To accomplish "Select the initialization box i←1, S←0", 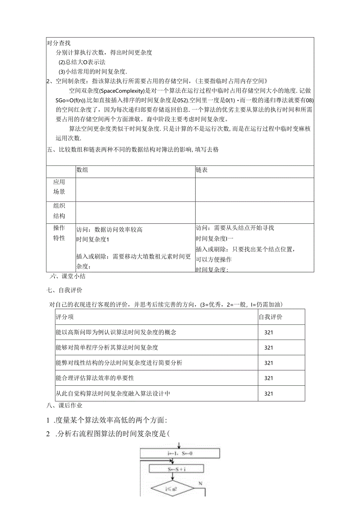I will [180, 453].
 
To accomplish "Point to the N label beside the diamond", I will [200, 484].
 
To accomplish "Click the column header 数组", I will [82, 170].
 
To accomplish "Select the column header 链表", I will [202, 170].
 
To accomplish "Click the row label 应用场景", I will [59, 187].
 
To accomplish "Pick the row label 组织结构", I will [59, 211].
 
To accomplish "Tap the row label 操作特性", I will [59, 233].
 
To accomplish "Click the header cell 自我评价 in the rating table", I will [270, 317].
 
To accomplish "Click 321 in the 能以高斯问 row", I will [268, 332].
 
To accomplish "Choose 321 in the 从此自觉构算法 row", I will [268, 393].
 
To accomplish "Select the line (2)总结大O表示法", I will [82, 62].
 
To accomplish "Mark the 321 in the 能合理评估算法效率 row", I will [268, 378].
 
